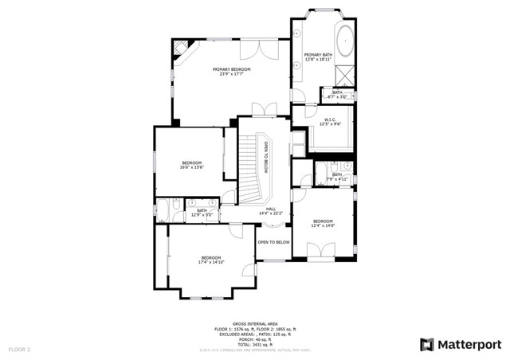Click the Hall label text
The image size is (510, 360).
[271, 211]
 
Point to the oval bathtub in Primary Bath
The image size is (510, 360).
[346, 41]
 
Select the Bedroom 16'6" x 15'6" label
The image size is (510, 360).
[191, 165]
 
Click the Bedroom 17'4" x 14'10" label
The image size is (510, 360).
[210, 260]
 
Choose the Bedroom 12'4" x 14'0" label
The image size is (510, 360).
[323, 223]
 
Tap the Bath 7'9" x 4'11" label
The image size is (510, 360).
[337, 177]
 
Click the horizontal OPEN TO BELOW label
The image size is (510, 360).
[273, 241]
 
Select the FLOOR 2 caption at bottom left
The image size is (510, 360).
[19, 349]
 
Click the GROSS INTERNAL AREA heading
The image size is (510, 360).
[254, 323]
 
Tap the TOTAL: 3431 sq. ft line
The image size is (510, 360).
[255, 343]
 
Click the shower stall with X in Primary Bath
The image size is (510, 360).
[346, 76]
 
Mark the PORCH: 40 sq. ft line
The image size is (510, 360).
[255, 338]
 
